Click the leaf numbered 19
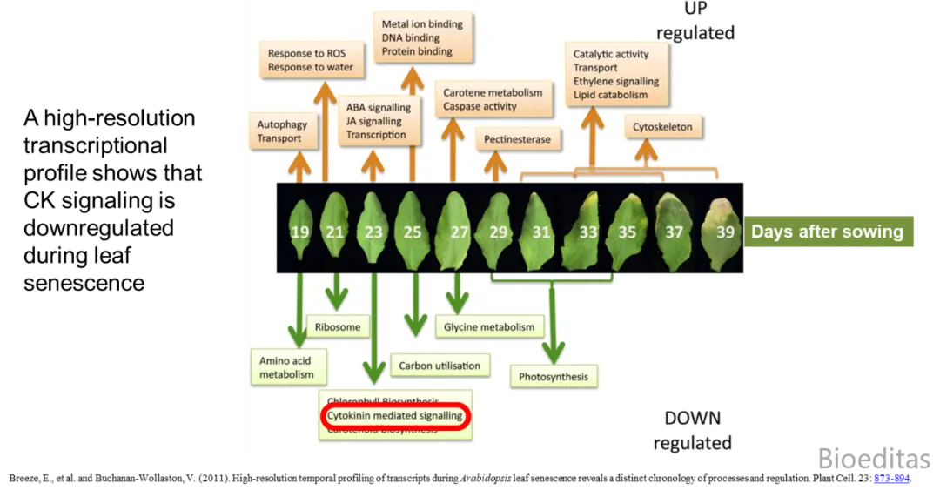point(300,230)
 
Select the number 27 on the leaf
point(459,232)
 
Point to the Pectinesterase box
point(518,138)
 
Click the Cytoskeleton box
point(662,127)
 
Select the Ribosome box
point(337,327)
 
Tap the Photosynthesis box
point(554,377)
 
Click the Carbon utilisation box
point(440,366)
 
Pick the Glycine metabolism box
point(489,327)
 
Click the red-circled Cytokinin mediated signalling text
point(395,416)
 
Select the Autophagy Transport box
point(282,131)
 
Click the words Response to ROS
point(306,53)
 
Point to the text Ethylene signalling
point(616,81)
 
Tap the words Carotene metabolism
point(493,92)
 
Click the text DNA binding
point(411,37)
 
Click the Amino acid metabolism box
point(285,367)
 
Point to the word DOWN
point(693,418)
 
